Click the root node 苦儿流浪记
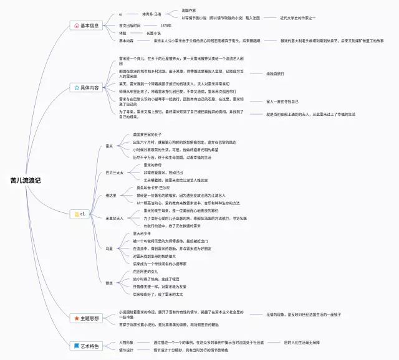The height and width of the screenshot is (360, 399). click(26, 180)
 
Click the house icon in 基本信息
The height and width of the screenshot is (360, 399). click(77, 26)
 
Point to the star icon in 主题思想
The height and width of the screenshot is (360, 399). click(77, 318)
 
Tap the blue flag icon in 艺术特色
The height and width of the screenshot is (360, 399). click(77, 346)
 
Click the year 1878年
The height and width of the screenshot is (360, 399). click(166, 26)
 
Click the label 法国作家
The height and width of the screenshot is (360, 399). click(188, 11)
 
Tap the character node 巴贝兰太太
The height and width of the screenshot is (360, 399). click(114, 173)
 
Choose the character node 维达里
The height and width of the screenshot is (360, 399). click(111, 195)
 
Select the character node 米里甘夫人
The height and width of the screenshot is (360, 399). click(114, 218)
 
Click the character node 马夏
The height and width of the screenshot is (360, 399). click(109, 248)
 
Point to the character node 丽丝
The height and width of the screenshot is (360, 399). click(109, 282)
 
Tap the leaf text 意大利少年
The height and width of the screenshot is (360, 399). click(142, 233)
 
